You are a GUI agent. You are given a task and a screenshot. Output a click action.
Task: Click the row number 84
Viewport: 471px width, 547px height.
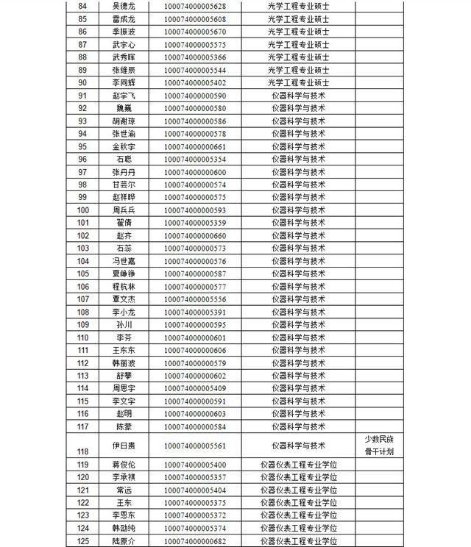click(82, 7)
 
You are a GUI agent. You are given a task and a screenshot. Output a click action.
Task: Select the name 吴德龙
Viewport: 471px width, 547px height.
click(124, 7)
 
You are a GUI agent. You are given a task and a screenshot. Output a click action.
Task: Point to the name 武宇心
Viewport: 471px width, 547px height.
click(124, 45)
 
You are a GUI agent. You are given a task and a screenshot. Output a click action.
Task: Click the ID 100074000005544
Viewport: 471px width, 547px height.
click(194, 71)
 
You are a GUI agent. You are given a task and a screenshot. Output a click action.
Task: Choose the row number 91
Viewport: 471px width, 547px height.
click(82, 96)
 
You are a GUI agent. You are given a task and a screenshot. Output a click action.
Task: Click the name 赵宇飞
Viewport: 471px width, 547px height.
click(124, 96)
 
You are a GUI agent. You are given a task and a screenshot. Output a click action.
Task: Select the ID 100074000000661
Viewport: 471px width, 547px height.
click(194, 146)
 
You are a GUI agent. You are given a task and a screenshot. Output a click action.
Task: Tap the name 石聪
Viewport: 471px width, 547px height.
click(124, 160)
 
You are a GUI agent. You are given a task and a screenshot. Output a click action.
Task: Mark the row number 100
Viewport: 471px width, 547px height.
click(82, 210)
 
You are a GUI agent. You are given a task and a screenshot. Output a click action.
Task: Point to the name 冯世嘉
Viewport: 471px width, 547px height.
click(124, 261)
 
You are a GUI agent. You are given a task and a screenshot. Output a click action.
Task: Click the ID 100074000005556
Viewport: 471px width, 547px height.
click(194, 299)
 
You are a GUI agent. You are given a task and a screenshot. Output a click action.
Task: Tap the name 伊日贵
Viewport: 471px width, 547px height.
click(124, 446)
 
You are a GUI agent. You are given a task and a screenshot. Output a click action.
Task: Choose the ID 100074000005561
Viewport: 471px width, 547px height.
click(194, 446)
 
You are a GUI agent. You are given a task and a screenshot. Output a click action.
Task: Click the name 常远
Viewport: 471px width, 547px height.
click(124, 490)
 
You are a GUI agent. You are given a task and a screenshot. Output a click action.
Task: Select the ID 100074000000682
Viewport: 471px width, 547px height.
click(194, 541)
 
